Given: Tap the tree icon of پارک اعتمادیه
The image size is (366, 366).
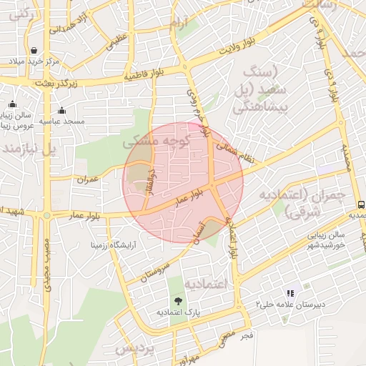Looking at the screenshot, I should (177, 300).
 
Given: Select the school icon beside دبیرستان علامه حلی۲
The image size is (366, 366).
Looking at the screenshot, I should (290, 292).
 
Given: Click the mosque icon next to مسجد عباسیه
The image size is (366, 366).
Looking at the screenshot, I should (62, 110).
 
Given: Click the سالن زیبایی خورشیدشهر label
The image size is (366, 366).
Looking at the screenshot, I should (319, 239).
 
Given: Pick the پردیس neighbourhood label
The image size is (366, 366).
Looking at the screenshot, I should (134, 348).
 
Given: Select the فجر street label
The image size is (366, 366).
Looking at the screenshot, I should (247, 335).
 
